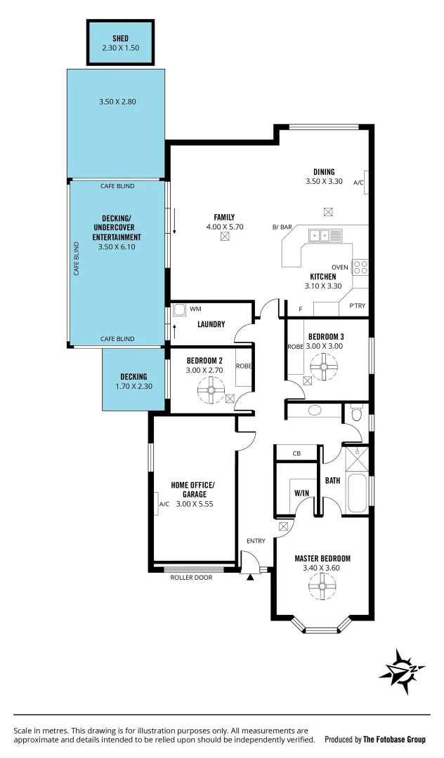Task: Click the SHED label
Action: point(120,38)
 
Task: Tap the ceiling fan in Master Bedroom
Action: point(322,583)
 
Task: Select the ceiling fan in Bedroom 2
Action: point(210,390)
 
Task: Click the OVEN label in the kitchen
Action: point(339,267)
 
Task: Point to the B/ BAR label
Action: point(282,227)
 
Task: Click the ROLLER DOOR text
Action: point(190,577)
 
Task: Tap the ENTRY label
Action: point(256,540)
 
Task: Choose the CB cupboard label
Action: point(296,453)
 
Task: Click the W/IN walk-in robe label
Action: point(301,493)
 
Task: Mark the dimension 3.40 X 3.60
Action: point(322,568)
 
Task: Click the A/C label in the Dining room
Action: point(358,182)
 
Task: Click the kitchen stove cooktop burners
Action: point(360,267)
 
